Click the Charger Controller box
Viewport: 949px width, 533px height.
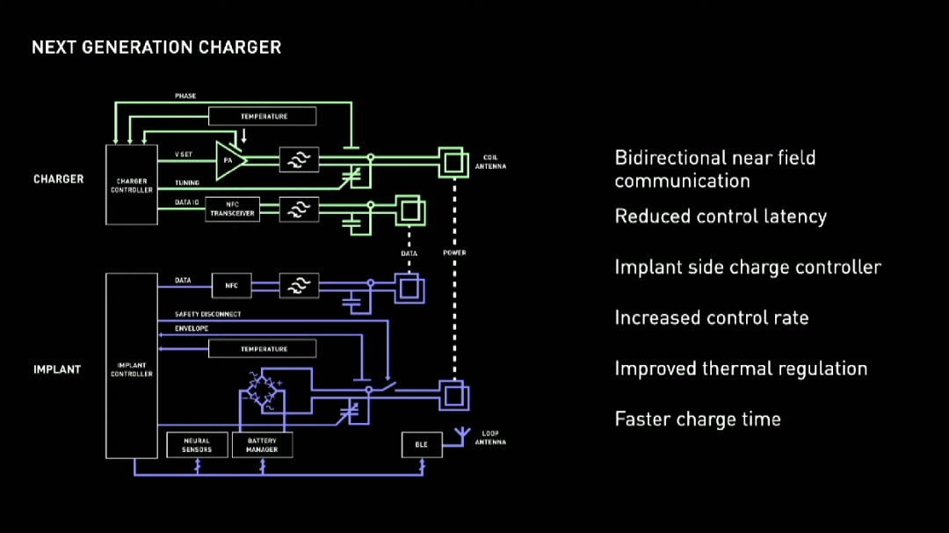132,183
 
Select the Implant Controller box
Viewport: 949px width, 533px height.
132,366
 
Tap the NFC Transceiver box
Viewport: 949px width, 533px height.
233,208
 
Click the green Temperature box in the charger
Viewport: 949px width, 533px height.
264,116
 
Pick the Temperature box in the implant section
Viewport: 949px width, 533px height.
264,349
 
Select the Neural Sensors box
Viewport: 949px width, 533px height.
197,445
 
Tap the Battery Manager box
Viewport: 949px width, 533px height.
262,445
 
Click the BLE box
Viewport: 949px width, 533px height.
421,445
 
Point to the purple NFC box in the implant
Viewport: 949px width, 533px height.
232,284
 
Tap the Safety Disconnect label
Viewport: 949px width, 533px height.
207,314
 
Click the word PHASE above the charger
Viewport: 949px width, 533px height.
185,95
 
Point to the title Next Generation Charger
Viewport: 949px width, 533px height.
156,47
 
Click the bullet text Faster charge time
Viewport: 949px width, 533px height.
698,419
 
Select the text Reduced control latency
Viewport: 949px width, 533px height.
721,216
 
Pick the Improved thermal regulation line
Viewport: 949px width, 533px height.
741,369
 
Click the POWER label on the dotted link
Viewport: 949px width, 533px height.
454,252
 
